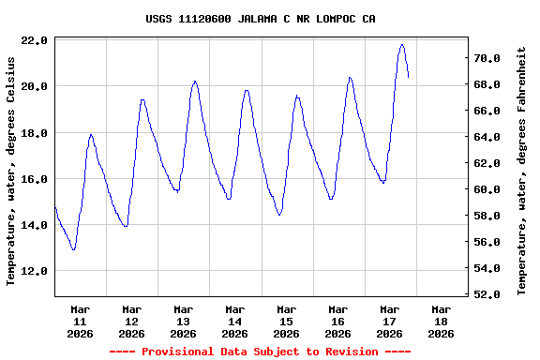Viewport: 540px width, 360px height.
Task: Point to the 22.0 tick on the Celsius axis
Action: [35, 40]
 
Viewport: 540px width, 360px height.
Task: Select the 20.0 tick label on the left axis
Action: [35, 86]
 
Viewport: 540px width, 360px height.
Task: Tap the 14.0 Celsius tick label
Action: [35, 225]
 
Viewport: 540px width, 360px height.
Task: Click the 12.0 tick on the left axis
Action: [35, 271]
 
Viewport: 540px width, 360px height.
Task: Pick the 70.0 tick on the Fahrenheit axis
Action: [490, 58]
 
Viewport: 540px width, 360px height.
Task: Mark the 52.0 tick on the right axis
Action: [490, 294]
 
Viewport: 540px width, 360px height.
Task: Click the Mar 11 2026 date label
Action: [80, 321]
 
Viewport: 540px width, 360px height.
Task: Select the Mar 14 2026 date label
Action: [234, 321]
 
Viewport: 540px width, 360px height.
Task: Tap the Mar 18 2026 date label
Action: [441, 321]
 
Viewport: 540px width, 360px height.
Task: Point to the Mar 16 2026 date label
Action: [337, 321]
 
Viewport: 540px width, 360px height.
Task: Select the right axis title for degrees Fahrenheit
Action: [521, 170]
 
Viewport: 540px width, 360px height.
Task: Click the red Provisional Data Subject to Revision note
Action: [260, 352]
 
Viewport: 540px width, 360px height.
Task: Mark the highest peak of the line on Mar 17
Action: [402, 44]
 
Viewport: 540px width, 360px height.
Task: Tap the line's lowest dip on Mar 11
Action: [73, 249]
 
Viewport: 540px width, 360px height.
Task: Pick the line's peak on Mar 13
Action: [194, 81]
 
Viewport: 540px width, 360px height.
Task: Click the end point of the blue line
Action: [408, 77]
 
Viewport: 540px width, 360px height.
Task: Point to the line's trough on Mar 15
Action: [279, 215]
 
